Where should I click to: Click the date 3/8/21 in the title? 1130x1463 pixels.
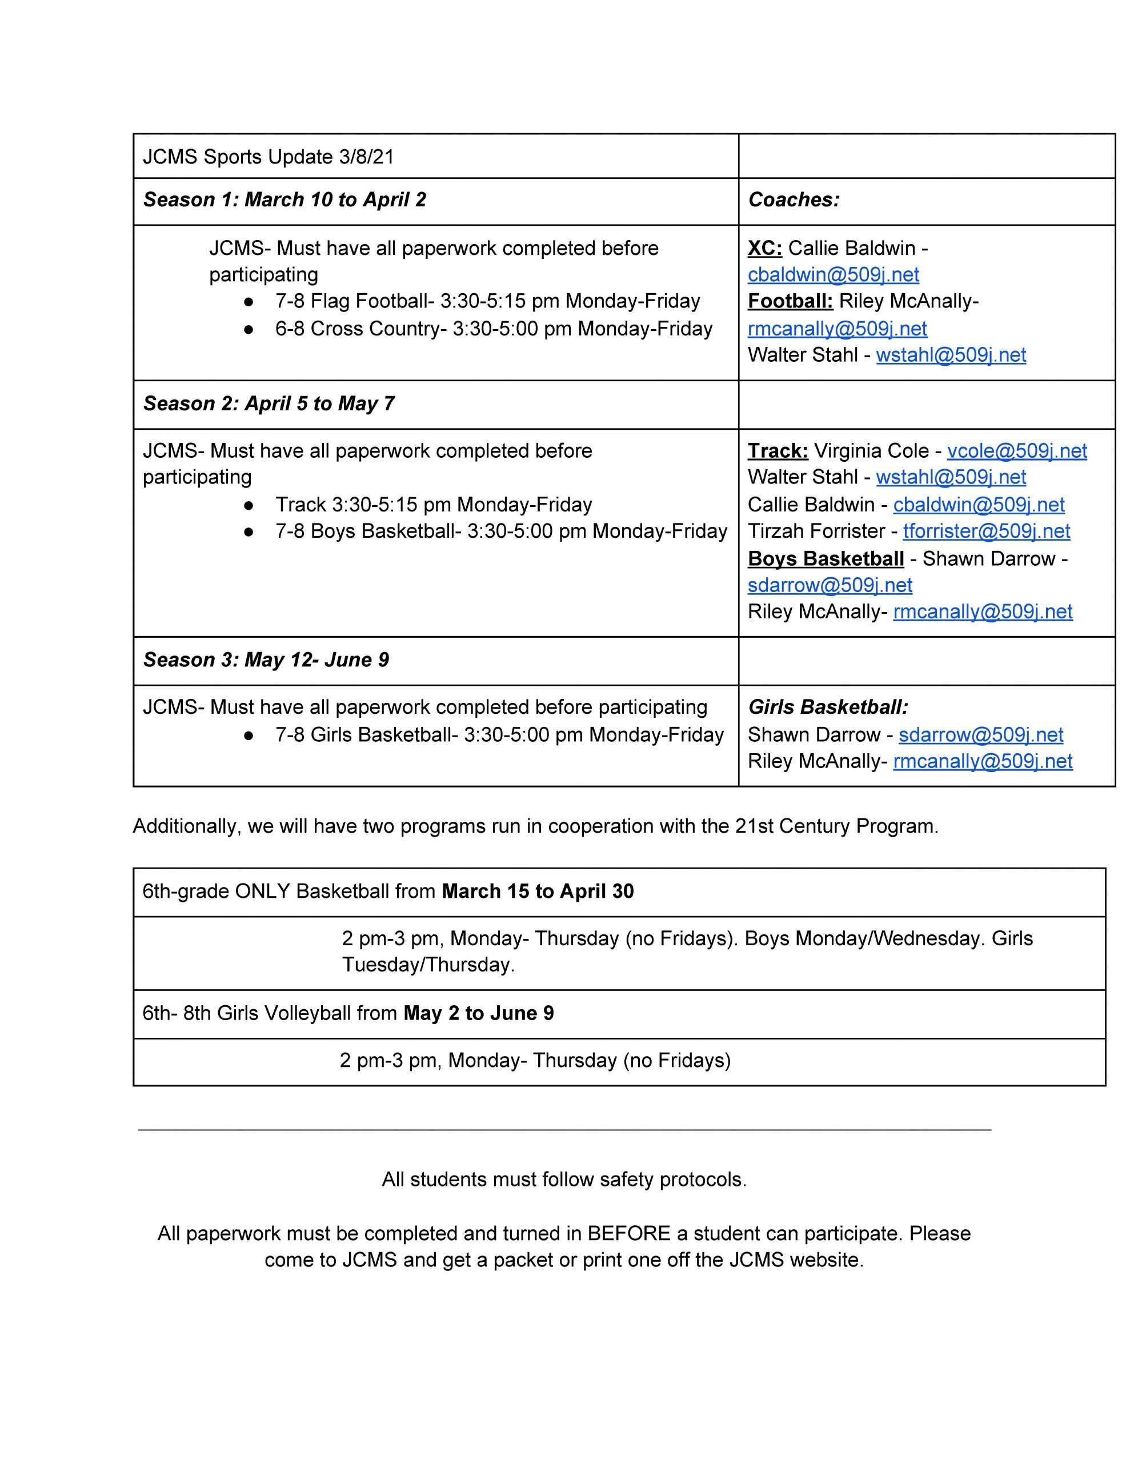tap(366, 157)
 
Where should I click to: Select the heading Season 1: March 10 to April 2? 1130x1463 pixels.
tap(284, 199)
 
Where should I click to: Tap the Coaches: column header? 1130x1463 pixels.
tap(793, 199)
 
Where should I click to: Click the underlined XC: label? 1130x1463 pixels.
tap(764, 248)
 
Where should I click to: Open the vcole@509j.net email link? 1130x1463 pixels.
tap(1016, 451)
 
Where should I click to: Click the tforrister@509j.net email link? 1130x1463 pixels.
tap(986, 531)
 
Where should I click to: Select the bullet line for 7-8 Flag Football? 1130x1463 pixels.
tap(487, 301)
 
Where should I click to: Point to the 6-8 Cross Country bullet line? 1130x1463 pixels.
tap(494, 329)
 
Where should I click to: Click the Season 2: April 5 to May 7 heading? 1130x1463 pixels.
tap(269, 403)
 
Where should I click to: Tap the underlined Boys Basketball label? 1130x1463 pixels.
tap(826, 559)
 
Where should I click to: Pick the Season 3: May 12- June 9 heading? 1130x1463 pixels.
tap(266, 660)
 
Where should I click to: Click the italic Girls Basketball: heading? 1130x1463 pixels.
tap(828, 707)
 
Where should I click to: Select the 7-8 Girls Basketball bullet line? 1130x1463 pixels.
tap(499, 735)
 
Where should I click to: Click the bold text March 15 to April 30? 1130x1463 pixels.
tap(537, 891)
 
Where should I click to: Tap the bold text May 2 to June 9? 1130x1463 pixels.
tap(478, 1013)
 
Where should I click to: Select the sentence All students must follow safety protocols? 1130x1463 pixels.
tap(564, 1179)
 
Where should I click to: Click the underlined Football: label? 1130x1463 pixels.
tap(790, 301)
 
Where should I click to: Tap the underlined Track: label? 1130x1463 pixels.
tap(778, 451)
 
